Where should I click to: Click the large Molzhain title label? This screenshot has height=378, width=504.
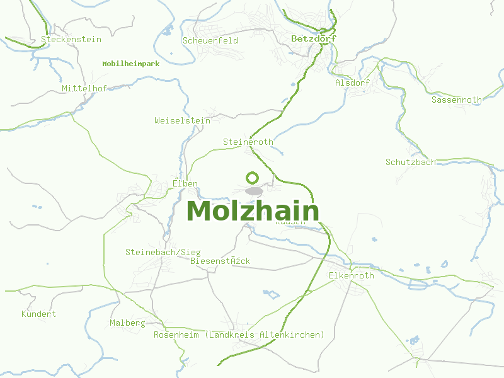pyautogui.click(x=253, y=211)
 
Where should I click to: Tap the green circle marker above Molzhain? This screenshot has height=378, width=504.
pyautogui.click(x=253, y=178)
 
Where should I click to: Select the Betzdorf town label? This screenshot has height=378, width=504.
pyautogui.click(x=314, y=38)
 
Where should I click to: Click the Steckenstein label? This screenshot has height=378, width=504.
pyautogui.click(x=71, y=39)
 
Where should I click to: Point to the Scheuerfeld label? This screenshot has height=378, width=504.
pyautogui.click(x=210, y=40)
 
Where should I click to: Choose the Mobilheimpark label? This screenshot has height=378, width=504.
pyautogui.click(x=131, y=64)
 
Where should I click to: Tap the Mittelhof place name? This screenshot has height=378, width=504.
pyautogui.click(x=84, y=88)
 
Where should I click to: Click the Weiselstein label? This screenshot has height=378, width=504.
pyautogui.click(x=182, y=120)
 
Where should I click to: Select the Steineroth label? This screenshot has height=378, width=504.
pyautogui.click(x=248, y=142)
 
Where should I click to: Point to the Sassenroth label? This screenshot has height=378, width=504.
pyautogui.click(x=456, y=100)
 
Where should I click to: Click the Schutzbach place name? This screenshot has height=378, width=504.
pyautogui.click(x=411, y=162)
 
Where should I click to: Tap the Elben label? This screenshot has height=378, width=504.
pyautogui.click(x=185, y=184)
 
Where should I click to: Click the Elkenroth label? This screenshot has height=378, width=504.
pyautogui.click(x=352, y=275)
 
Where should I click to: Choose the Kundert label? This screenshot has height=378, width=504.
pyautogui.click(x=39, y=314)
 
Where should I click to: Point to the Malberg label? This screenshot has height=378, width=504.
pyautogui.click(x=128, y=323)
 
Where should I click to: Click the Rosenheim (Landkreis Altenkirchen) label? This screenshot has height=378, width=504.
pyautogui.click(x=239, y=335)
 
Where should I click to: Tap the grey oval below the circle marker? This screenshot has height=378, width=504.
pyautogui.click(x=253, y=191)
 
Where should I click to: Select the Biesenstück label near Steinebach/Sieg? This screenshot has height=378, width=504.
pyautogui.click(x=220, y=261)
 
